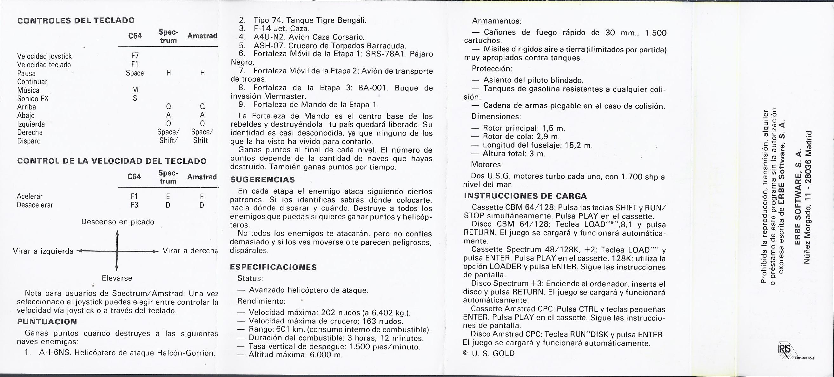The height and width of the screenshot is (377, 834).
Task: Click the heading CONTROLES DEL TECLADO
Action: [x=76, y=21]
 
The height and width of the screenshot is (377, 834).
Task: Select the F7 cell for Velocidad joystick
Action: [x=135, y=56]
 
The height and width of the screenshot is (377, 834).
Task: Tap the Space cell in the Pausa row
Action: [x=135, y=73]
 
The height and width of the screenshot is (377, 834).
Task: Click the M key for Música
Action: [x=135, y=90]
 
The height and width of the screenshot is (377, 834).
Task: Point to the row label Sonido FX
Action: [x=33, y=99]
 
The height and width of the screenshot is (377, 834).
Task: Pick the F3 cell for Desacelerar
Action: [x=134, y=205]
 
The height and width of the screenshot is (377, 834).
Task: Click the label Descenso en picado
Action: [x=117, y=222]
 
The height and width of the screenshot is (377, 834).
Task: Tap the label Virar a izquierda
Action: [x=43, y=251]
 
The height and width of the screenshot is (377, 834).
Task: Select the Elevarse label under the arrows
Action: [x=117, y=278]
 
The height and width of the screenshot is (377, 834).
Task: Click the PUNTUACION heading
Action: [x=47, y=321]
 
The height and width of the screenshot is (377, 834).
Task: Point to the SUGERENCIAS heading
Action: [x=262, y=179]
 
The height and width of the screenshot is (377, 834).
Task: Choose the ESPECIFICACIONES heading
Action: [x=273, y=267]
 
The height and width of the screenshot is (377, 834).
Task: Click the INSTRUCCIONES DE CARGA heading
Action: [x=525, y=196]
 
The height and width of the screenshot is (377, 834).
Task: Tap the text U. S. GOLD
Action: [x=493, y=353]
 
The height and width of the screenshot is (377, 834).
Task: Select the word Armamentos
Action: [x=496, y=21]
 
